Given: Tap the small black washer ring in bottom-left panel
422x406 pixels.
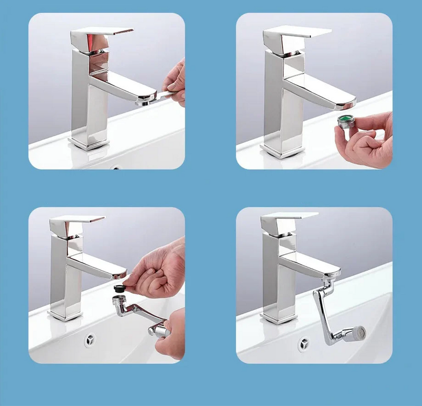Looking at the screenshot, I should click(120, 289).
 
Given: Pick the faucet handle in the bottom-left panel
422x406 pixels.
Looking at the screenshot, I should click(78, 222).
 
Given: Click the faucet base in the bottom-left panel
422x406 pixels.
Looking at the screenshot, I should click(65, 315).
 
